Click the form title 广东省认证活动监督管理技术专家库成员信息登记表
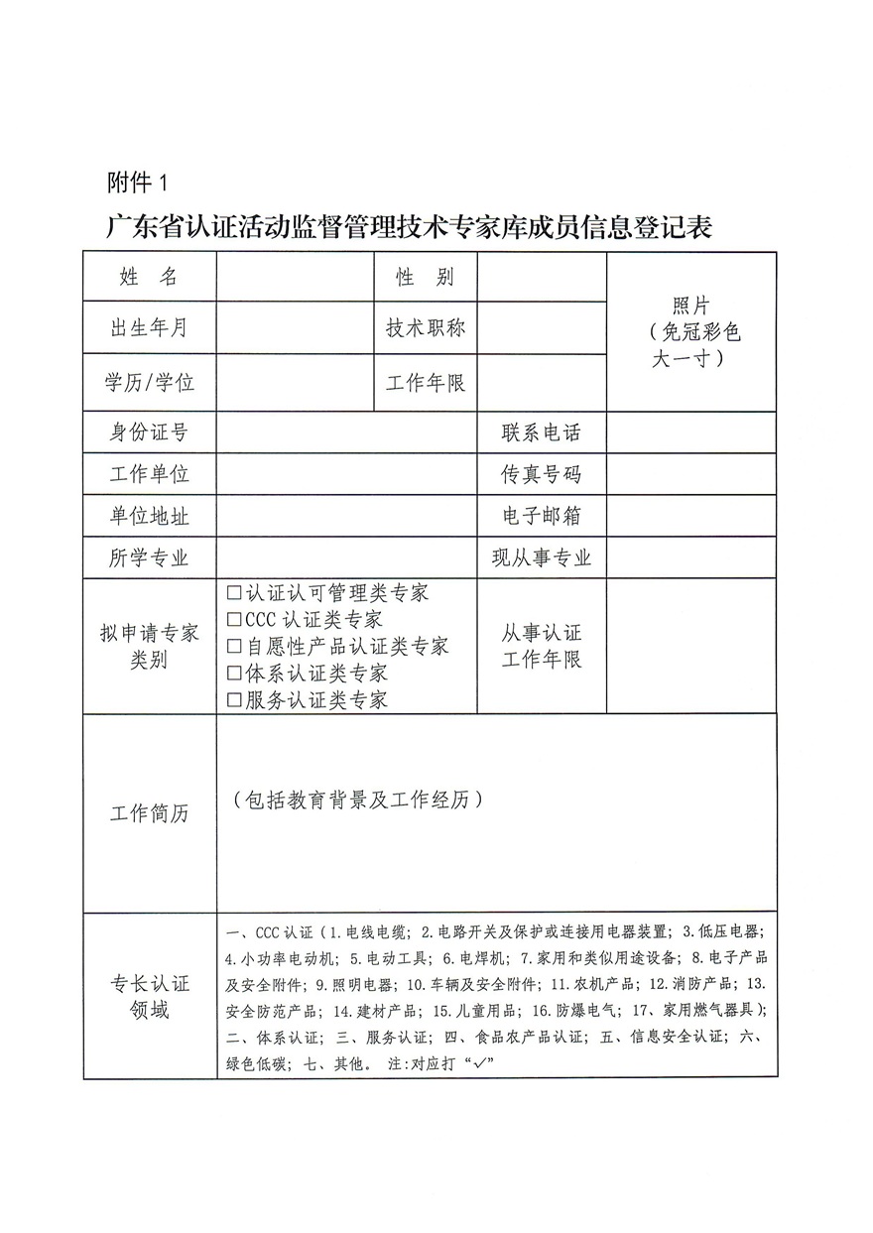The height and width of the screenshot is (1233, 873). (410, 227)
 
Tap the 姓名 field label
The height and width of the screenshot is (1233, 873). (149, 277)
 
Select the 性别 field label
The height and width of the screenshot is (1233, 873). (426, 277)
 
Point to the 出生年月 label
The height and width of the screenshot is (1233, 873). (149, 328)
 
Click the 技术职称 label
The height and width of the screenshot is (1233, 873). (426, 328)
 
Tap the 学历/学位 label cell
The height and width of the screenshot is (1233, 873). (149, 382)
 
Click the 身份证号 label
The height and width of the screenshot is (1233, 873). (149, 432)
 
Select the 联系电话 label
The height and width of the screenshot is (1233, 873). (541, 432)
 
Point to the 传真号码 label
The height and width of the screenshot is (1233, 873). (541, 475)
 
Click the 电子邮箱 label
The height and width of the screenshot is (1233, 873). (541, 517)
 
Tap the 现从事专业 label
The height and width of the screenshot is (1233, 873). (541, 558)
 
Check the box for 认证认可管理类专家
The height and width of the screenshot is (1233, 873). (234, 593)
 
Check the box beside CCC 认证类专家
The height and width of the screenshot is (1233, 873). (234, 620)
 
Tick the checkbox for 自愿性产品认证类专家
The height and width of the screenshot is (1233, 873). (234, 647)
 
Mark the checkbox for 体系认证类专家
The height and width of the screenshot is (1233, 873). (234, 674)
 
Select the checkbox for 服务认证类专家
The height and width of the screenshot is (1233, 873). (234, 700)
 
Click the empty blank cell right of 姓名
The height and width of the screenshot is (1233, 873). (295, 277)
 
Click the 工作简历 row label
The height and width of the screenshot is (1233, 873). (149, 814)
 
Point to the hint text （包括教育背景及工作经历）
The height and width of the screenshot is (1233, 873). (358, 800)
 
